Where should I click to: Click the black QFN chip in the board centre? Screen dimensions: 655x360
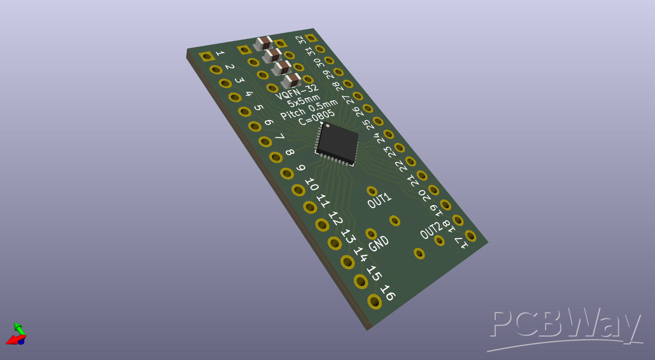click(337, 144)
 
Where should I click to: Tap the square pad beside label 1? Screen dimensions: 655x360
click(207, 57)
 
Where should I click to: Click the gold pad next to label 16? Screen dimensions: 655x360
click(375, 302)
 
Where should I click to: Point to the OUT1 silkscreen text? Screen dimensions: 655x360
click(379, 200)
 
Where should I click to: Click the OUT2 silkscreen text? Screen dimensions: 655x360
click(432, 230)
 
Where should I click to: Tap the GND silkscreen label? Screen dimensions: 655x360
click(379, 243)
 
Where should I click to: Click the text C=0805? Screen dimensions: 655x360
click(316, 117)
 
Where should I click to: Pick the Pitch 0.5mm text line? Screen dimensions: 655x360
click(309, 109)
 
